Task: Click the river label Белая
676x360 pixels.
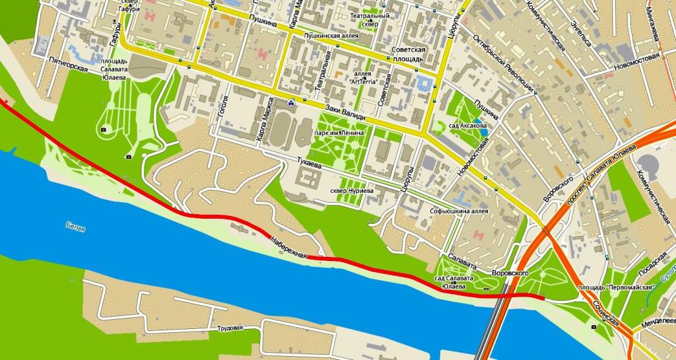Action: tap(75, 229)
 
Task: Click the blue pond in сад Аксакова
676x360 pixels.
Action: tap(485, 131)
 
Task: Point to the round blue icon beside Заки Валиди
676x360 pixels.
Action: tap(291, 102)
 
